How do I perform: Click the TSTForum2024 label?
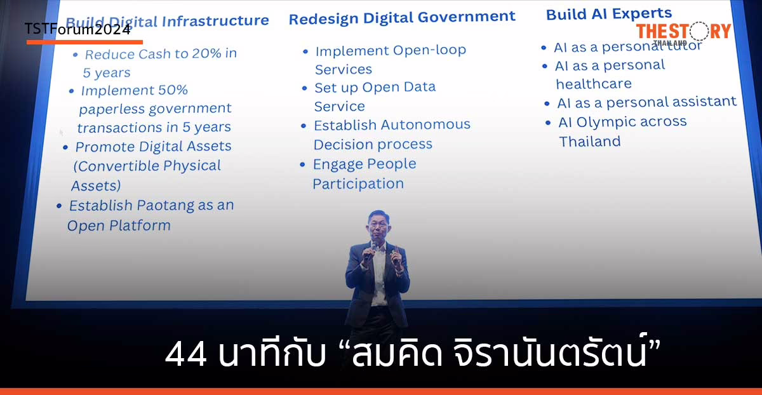(77, 30)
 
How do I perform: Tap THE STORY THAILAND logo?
(683, 31)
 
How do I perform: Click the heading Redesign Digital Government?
(402, 17)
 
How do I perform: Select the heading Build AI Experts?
(608, 13)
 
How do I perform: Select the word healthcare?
(594, 84)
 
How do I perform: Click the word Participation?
(358, 184)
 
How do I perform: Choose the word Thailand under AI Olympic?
(589, 142)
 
